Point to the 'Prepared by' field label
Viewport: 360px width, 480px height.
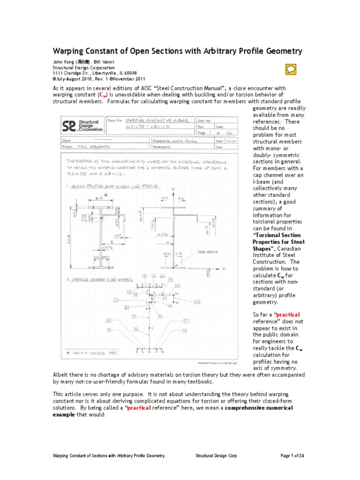tap(162, 141)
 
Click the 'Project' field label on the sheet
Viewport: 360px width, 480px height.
tap(68, 146)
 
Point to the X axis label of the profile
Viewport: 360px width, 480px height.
tap(224, 268)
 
